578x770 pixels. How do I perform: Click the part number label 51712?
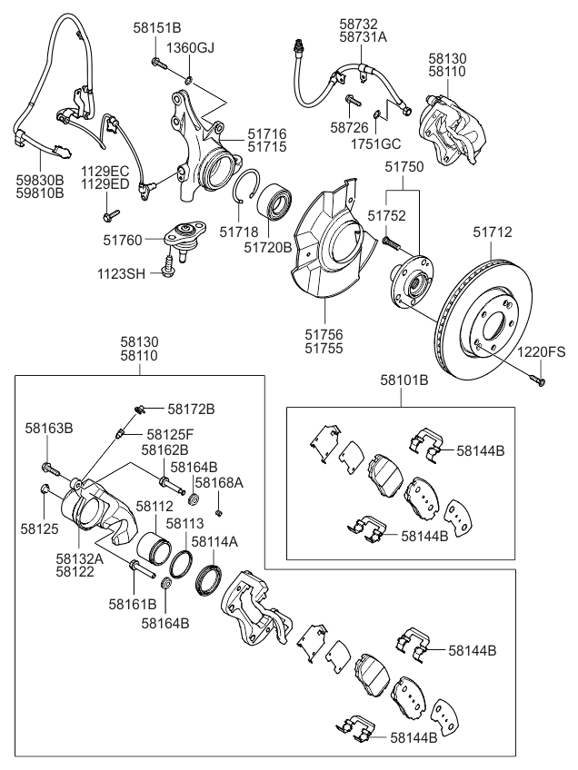pyautogui.click(x=493, y=232)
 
